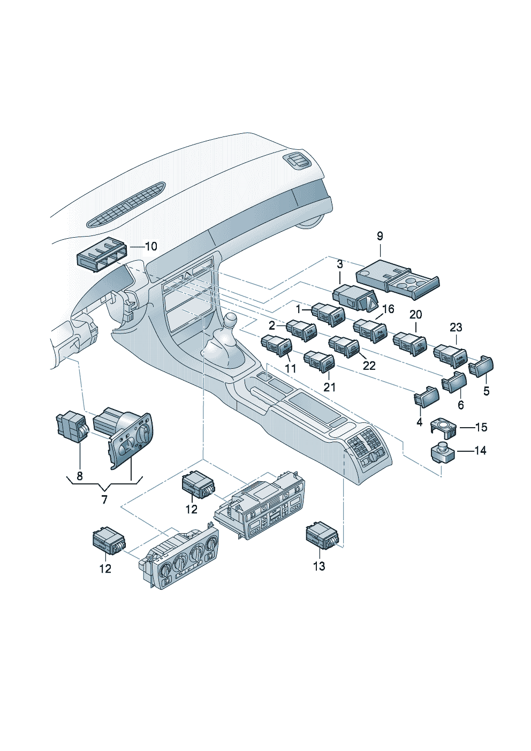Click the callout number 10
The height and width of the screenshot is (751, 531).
(151, 246)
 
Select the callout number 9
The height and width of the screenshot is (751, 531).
(380, 236)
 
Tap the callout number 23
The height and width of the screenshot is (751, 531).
(456, 327)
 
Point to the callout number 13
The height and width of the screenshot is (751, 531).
(318, 566)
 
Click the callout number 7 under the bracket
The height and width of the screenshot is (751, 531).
(104, 499)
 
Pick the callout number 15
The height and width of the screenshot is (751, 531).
(481, 427)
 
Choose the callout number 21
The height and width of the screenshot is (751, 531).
(330, 387)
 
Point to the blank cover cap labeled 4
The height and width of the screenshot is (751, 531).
(426, 397)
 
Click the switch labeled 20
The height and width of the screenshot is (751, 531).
(410, 343)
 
